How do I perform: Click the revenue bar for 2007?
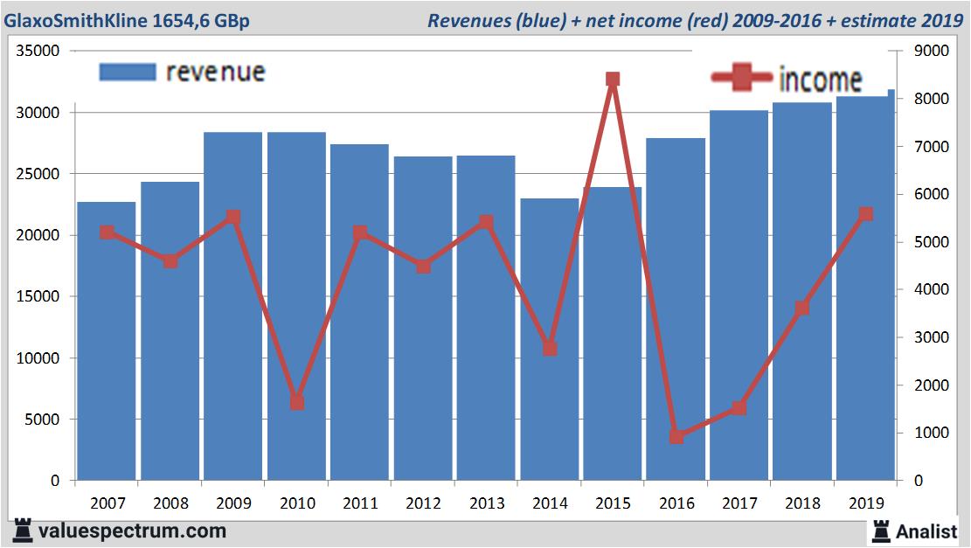pyautogui.click(x=107, y=341)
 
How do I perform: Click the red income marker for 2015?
pyautogui.click(x=613, y=80)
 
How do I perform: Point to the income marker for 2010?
pyautogui.click(x=296, y=403)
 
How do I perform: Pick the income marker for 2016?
pyautogui.click(x=676, y=436)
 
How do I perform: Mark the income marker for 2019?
pyautogui.click(x=865, y=214)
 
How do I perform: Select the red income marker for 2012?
pyautogui.click(x=423, y=267)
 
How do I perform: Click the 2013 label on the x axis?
pyautogui.click(x=486, y=503)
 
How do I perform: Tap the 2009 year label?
pyautogui.click(x=233, y=503)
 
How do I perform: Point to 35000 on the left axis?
pyautogui.click(x=38, y=51)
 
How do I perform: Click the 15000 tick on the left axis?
pyautogui.click(x=38, y=296)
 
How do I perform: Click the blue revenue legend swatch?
pyautogui.click(x=127, y=73)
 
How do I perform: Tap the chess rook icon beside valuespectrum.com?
pyautogui.click(x=23, y=531)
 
